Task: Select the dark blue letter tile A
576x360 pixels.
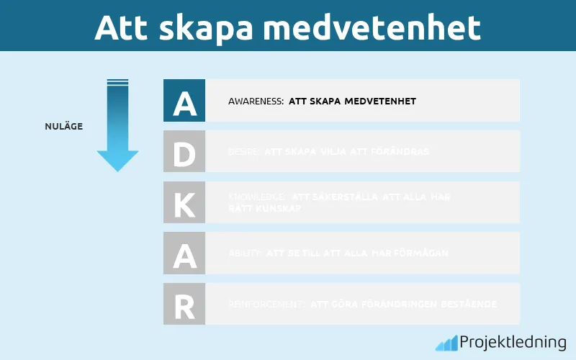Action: pyautogui.click(x=184, y=101)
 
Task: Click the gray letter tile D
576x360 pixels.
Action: pyautogui.click(x=184, y=151)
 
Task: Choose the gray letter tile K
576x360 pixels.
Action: pyautogui.click(x=184, y=202)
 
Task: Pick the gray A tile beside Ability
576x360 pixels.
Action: pyautogui.click(x=184, y=253)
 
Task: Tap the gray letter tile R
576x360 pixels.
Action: pyautogui.click(x=184, y=304)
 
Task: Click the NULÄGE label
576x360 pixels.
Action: pyautogui.click(x=63, y=127)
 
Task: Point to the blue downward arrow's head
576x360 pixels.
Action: pyautogui.click(x=117, y=160)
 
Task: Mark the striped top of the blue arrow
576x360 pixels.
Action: pyautogui.click(x=117, y=83)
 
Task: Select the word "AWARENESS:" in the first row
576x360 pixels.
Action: pyautogui.click(x=256, y=102)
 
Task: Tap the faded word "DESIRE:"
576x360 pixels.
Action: pyautogui.click(x=244, y=152)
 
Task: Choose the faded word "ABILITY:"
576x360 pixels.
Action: pyautogui.click(x=245, y=253)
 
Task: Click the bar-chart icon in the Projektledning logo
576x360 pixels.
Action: pyautogui.click(x=446, y=343)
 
